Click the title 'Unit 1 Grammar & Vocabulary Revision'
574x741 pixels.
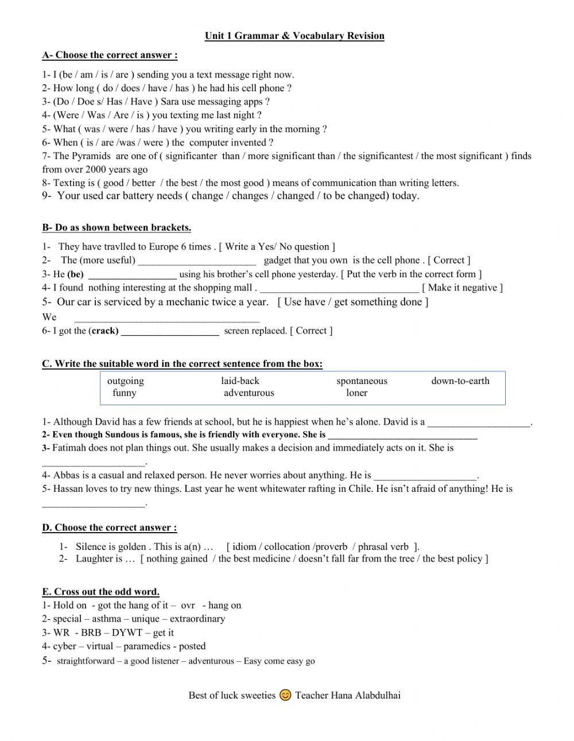click(294, 36)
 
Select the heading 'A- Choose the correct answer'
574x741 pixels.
click(110, 55)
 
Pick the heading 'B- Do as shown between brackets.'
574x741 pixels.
click(117, 227)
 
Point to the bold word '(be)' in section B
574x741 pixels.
click(75, 274)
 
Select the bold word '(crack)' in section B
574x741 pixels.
click(104, 331)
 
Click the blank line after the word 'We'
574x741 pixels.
click(167, 319)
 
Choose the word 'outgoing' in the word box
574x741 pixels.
click(126, 381)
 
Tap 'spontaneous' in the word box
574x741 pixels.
click(362, 381)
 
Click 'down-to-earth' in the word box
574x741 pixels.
click(460, 381)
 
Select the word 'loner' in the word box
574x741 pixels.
click(356, 393)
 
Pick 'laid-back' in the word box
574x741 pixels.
click(240, 381)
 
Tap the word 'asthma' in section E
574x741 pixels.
click(107, 619)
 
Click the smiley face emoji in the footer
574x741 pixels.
click(285, 695)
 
